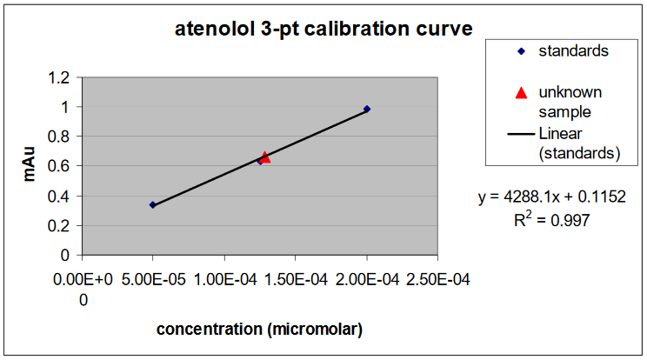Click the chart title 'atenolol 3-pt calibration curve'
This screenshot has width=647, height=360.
point(323,30)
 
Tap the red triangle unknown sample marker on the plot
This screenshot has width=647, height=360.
point(264,157)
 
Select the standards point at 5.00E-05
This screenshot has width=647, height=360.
point(152,205)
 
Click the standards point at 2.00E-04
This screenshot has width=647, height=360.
point(367,109)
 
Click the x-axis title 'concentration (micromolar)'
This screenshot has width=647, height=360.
point(259,330)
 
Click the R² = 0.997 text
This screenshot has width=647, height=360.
point(552,220)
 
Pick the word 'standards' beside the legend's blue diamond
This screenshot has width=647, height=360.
point(573,50)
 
